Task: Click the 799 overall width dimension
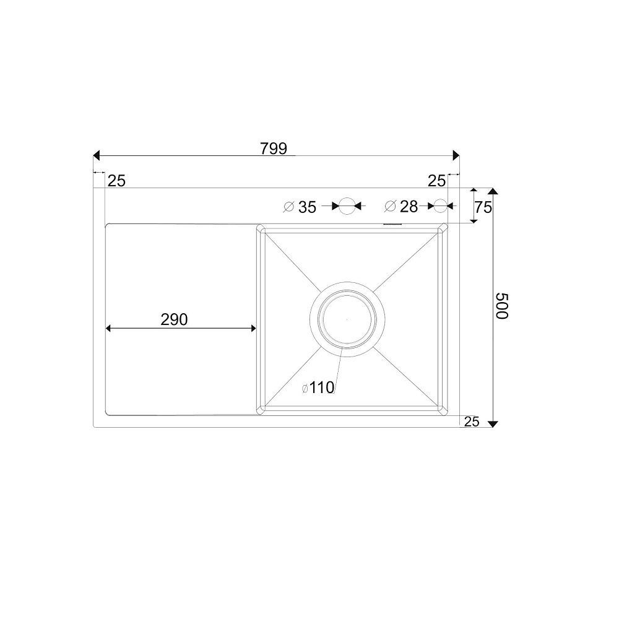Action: (x=273, y=149)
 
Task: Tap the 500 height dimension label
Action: (x=502, y=306)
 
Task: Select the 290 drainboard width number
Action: (x=174, y=319)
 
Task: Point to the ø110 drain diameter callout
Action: (x=318, y=387)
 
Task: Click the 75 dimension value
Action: (x=483, y=207)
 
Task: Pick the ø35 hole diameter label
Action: (x=300, y=207)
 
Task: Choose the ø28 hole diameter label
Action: (x=401, y=206)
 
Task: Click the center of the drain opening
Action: (x=347, y=319)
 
